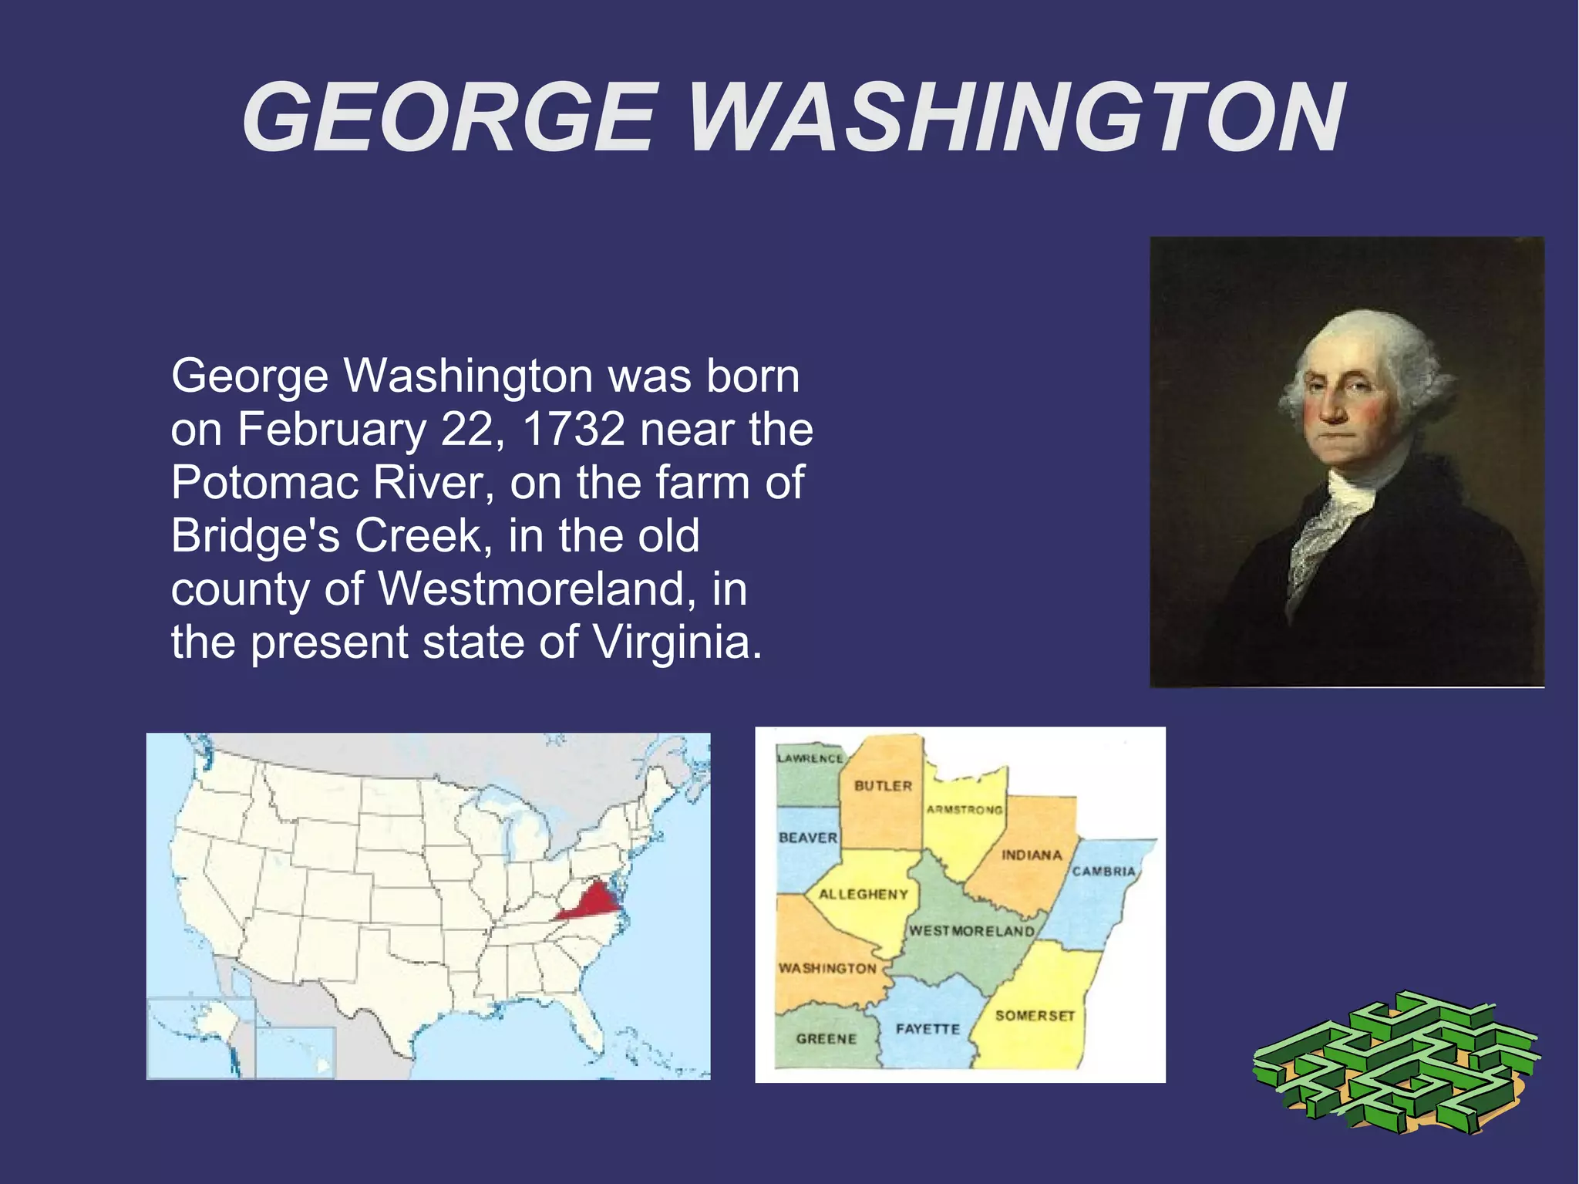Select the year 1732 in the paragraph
pos(574,430)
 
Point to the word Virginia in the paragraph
pos(671,642)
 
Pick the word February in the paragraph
pos(332,430)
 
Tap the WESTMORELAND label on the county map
pos(971,931)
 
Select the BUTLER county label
pos(883,786)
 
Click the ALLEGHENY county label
pos(863,895)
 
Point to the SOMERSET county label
pos(1035,1016)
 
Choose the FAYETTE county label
pos(928,1029)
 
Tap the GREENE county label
pos(827,1039)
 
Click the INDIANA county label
pos(1032,855)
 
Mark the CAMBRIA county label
pos(1103,872)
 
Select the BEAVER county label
pos(807,838)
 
